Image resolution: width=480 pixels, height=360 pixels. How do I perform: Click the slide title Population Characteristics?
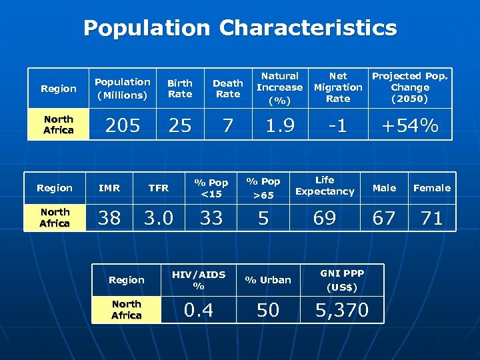(x=240, y=28)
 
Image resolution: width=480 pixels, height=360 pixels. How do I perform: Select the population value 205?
(x=123, y=125)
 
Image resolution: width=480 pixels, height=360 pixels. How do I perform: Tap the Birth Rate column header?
(x=179, y=89)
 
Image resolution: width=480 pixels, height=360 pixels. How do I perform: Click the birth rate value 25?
(x=179, y=125)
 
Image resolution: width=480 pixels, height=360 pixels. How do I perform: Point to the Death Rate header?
(x=227, y=89)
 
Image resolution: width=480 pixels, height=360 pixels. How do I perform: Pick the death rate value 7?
(x=227, y=125)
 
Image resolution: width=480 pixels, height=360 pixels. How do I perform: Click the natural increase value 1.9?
(x=280, y=125)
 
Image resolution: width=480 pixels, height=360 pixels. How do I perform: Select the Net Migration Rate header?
(x=338, y=87)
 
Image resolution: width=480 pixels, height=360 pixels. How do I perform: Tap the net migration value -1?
(x=338, y=125)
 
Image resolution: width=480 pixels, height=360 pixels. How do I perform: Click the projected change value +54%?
(x=410, y=125)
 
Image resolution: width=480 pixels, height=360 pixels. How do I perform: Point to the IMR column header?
(x=109, y=188)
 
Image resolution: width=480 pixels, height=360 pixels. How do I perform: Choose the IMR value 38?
(x=109, y=217)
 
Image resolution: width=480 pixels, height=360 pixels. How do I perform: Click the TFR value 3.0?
(x=159, y=217)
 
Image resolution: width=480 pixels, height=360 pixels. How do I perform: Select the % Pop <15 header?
(x=211, y=188)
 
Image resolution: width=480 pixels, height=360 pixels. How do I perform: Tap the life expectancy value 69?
(x=325, y=217)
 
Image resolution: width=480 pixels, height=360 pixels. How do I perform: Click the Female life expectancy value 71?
(x=432, y=217)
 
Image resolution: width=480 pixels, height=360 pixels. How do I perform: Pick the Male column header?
(x=384, y=188)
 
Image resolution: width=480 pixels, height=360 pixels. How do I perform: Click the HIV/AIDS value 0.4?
(x=199, y=309)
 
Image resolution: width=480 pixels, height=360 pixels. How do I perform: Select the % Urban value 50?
(x=268, y=309)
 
